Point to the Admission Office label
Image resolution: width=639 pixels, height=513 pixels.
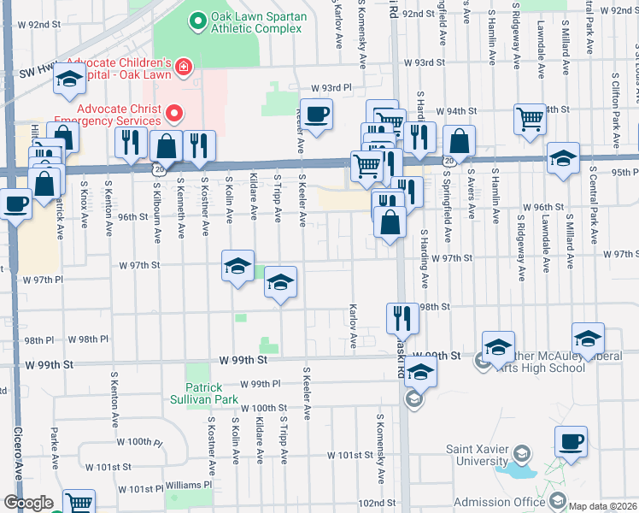499,502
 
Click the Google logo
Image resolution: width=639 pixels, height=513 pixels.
28,503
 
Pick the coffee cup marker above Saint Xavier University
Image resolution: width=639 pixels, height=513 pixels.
571,442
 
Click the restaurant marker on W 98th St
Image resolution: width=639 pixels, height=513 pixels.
402,318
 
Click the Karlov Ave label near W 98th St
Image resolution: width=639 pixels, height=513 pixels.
352,326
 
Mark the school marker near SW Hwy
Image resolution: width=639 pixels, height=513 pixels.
69,82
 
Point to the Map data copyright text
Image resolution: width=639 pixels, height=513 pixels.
603,506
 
